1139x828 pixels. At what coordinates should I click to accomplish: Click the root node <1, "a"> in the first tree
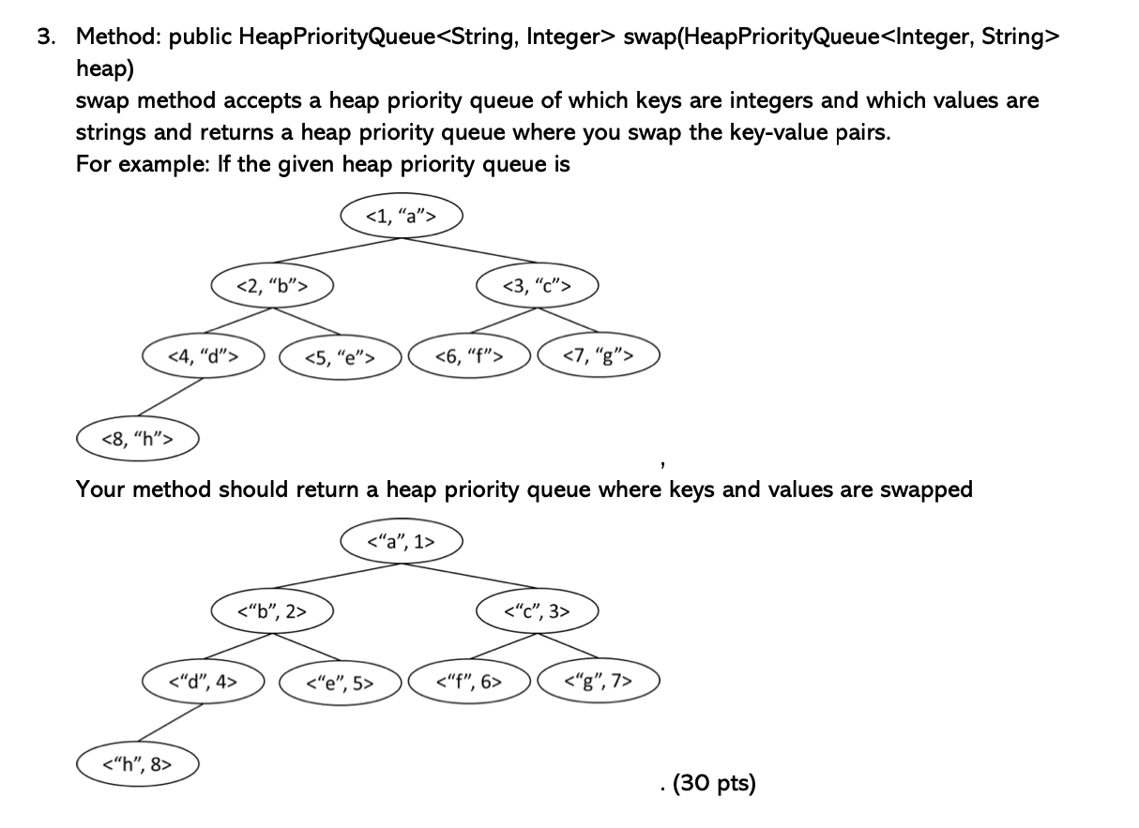click(402, 216)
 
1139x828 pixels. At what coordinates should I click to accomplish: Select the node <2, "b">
click(270, 285)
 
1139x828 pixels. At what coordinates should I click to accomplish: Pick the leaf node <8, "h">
click(136, 438)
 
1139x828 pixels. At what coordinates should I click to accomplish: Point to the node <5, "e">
click(342, 356)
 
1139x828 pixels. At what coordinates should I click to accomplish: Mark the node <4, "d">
click(202, 355)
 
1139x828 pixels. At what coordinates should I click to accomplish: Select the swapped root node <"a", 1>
click(402, 541)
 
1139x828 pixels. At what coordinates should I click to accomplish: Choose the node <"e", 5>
click(342, 683)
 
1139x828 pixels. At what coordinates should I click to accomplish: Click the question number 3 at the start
click(45, 38)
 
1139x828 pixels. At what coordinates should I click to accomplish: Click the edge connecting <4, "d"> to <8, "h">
click(169, 397)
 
